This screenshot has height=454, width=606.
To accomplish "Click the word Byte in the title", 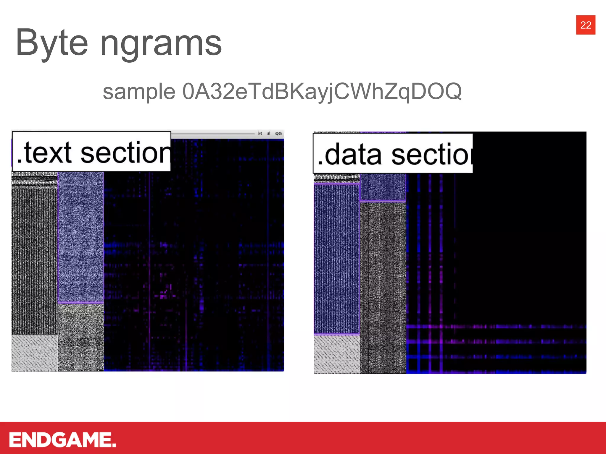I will click(x=52, y=43).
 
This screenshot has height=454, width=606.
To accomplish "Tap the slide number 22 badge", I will click(x=586, y=25).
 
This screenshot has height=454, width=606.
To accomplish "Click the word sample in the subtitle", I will click(x=139, y=92).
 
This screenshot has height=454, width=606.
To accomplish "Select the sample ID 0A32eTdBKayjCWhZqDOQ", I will click(x=322, y=92).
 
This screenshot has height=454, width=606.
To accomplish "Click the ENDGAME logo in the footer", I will click(x=62, y=440).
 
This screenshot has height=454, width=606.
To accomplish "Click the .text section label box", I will click(x=91, y=152).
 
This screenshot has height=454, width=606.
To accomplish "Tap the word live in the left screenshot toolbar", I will click(x=260, y=134).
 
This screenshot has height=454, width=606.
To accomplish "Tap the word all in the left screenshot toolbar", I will click(x=269, y=134).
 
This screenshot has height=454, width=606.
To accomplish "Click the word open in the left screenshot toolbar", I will click(x=278, y=134).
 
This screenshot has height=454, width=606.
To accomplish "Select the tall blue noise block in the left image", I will click(x=81, y=236).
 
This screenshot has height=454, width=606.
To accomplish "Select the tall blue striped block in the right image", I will click(x=337, y=259).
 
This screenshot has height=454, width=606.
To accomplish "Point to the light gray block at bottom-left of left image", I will click(x=35, y=352).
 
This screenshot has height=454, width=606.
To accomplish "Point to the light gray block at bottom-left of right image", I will click(x=337, y=354).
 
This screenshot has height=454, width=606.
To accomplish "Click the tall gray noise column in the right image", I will click(x=383, y=287).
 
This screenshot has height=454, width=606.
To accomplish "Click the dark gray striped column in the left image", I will click(x=35, y=260).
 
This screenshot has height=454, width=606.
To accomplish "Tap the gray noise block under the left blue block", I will click(x=81, y=337).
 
